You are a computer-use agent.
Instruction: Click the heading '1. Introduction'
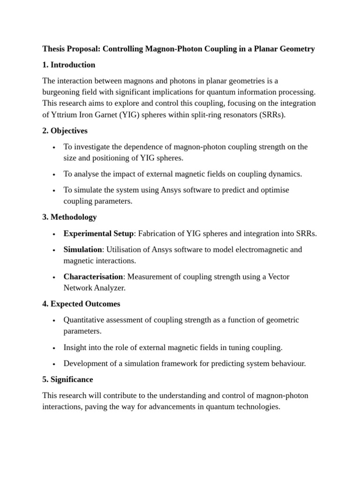pyautogui.click(x=68, y=65)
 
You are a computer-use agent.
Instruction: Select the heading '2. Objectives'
pyautogui.click(x=65, y=131)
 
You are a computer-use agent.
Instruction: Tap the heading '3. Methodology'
pyautogui.click(x=69, y=217)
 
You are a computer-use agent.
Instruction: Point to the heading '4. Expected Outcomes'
pyautogui.click(x=81, y=304)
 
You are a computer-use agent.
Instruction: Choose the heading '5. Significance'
pyautogui.click(x=67, y=379)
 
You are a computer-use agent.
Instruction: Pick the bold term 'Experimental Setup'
pyautogui.click(x=98, y=233)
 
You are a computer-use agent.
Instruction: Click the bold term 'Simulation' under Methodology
pyautogui.click(x=82, y=249)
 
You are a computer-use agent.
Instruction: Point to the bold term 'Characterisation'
pyautogui.click(x=93, y=277)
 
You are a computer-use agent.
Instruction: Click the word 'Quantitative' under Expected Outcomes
pyautogui.click(x=84, y=320)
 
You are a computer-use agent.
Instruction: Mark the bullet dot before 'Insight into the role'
pyautogui.click(x=54, y=348)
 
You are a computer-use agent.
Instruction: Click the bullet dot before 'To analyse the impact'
pyautogui.click(x=54, y=174)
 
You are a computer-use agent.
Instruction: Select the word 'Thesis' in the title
pyautogui.click(x=53, y=49)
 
